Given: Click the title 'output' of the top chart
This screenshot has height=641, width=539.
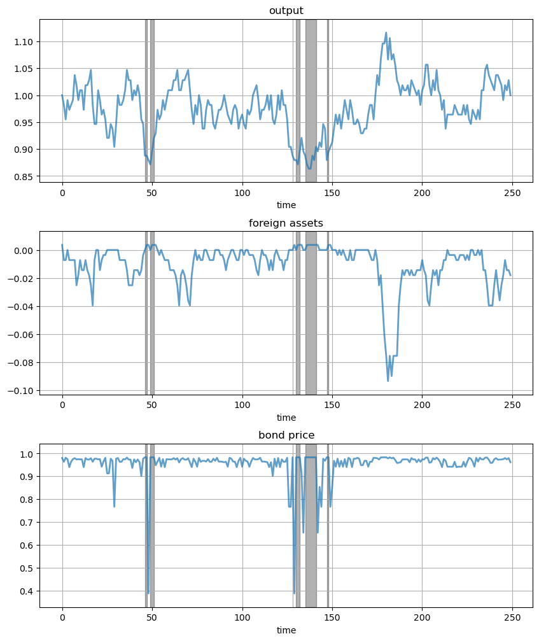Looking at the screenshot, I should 286,11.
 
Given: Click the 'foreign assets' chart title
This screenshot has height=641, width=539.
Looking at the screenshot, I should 286,223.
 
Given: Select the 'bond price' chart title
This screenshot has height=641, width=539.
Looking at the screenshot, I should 286,435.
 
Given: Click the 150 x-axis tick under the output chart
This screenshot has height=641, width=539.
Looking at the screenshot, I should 332,194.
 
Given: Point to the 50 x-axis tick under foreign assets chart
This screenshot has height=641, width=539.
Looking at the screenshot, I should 152,405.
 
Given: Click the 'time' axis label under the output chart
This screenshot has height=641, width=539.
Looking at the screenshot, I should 286,206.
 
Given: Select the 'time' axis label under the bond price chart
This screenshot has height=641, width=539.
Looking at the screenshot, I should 286,630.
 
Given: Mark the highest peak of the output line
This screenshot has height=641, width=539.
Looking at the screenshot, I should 386,32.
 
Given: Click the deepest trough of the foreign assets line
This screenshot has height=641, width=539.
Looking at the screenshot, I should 388,381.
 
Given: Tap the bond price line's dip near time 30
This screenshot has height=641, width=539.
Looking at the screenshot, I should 115,506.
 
